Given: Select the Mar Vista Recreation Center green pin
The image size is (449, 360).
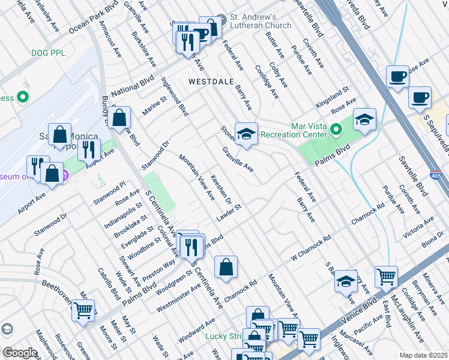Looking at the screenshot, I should point(336,127).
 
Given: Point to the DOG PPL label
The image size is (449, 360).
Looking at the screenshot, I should point(49,53).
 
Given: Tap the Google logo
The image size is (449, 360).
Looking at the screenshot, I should point(20,352).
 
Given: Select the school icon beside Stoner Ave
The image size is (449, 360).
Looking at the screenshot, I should point(246,134).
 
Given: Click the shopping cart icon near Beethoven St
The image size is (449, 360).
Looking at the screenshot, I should point(83,311).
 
